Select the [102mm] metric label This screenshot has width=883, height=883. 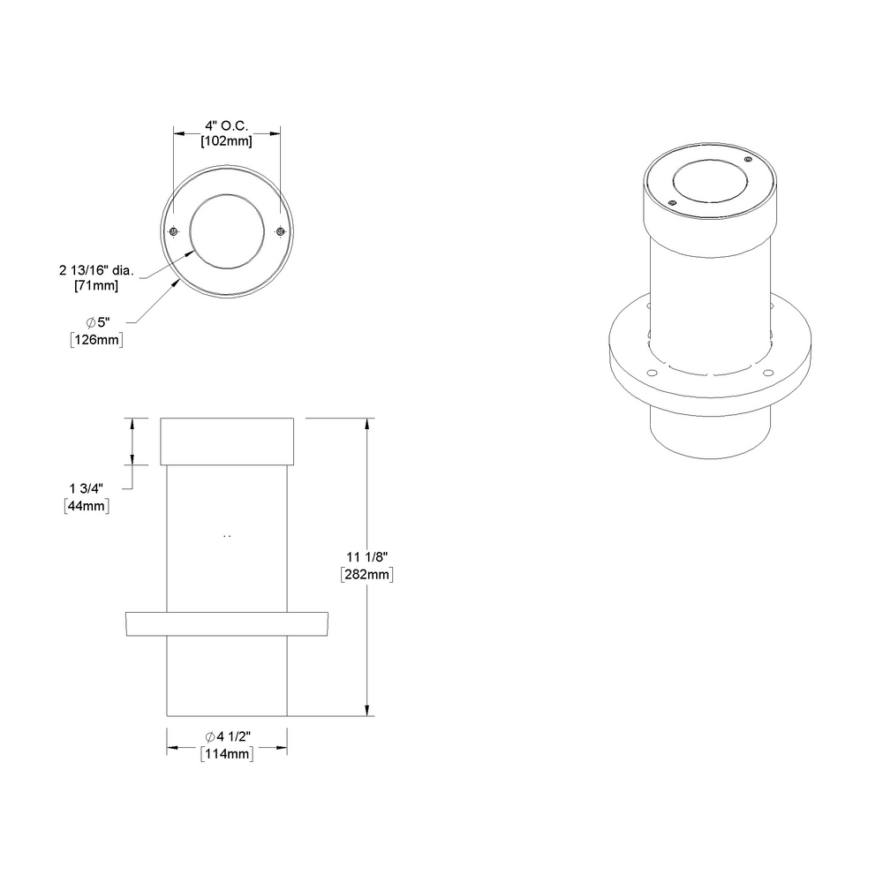226,141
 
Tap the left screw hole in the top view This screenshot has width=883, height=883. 174,231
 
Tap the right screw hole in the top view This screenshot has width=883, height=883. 280,231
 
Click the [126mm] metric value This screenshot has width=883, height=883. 96,339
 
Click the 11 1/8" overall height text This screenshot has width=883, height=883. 366,556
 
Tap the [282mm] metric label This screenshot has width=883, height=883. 366,574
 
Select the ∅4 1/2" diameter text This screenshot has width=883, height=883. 228,736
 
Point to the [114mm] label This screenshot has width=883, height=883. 228,753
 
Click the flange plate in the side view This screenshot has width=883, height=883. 227,623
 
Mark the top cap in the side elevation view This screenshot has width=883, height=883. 227,441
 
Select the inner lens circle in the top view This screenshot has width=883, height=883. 227,231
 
